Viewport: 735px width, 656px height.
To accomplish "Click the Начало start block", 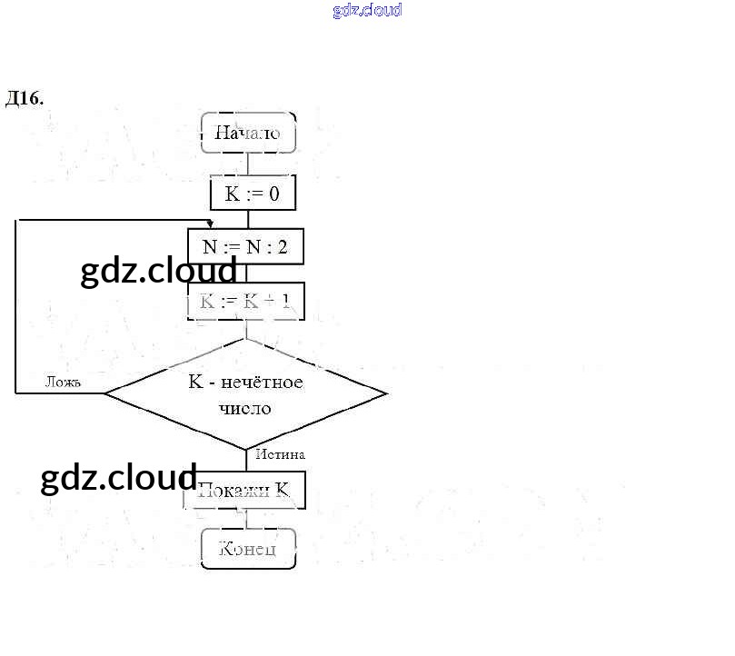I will pos(248,133).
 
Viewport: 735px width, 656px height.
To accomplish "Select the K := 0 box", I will pos(253,194).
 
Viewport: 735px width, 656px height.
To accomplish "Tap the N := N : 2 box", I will pos(245,246).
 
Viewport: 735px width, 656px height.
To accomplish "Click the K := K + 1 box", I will pos(245,302).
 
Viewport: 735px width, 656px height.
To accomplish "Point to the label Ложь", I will pos(64,383).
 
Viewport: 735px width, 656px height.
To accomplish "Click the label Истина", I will pos(280,454).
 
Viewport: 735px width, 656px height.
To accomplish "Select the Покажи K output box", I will pos(244,491).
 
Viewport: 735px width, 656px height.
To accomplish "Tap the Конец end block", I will pos(248,549).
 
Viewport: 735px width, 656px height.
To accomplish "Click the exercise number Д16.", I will pos(25,98).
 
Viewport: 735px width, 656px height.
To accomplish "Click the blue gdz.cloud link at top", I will pos(367,11).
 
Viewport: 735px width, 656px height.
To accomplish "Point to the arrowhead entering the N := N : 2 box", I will pos(210,224).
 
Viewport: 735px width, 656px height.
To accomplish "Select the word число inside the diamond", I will pos(245,408).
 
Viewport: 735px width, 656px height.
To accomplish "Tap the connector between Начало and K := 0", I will pos(248,164).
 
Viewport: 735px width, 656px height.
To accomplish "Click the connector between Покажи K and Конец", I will pos(246,519).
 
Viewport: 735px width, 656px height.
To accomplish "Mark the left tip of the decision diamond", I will pos(107,393).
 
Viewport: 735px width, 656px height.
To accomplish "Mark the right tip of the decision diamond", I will pos(385,393).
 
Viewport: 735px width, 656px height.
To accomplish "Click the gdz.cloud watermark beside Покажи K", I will pos(119,478).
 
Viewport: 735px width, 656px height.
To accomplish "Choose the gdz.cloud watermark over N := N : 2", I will pos(159,270).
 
